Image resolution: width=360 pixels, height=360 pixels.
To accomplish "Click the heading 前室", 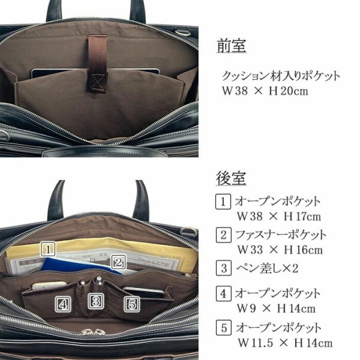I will (231, 47).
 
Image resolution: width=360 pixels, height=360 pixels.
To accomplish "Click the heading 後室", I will (231, 178).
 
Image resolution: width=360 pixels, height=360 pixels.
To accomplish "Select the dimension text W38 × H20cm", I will (264, 92).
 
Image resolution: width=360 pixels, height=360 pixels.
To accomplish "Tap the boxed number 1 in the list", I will (222, 202).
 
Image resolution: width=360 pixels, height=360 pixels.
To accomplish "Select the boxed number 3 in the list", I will (222, 267).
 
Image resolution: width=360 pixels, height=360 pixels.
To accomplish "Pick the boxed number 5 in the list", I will (222, 328).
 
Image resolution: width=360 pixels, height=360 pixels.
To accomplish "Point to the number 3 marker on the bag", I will (95, 300).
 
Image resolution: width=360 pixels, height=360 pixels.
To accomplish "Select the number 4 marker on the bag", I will (63, 304).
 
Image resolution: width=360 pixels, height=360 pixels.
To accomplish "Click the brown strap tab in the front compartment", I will (96, 66).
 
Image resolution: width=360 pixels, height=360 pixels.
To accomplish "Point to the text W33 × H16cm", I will (279, 250).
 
